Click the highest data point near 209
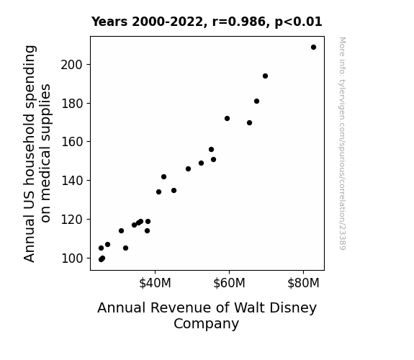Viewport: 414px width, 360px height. (x=313, y=48)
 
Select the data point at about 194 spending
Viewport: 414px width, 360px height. (x=266, y=76)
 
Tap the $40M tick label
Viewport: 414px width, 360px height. (x=155, y=283)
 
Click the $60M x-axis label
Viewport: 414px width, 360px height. (x=229, y=283)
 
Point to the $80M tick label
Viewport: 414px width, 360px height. (x=303, y=283)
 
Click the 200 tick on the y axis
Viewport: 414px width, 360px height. (x=72, y=65)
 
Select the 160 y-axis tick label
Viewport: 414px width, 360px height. (x=72, y=142)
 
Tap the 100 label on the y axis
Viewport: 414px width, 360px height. (x=72, y=258)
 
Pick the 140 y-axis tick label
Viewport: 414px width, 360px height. (x=72, y=181)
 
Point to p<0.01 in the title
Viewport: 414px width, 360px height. (x=298, y=22)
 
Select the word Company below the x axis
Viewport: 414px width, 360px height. (x=206, y=324)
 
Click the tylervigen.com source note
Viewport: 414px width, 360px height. (x=342, y=143)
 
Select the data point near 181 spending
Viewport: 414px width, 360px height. (x=256, y=101)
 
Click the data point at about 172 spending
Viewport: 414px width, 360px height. (x=227, y=118)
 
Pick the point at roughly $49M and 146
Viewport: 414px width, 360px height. (x=188, y=168)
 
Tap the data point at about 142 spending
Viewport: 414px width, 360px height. (x=163, y=176)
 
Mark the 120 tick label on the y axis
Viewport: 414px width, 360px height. (x=72, y=220)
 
